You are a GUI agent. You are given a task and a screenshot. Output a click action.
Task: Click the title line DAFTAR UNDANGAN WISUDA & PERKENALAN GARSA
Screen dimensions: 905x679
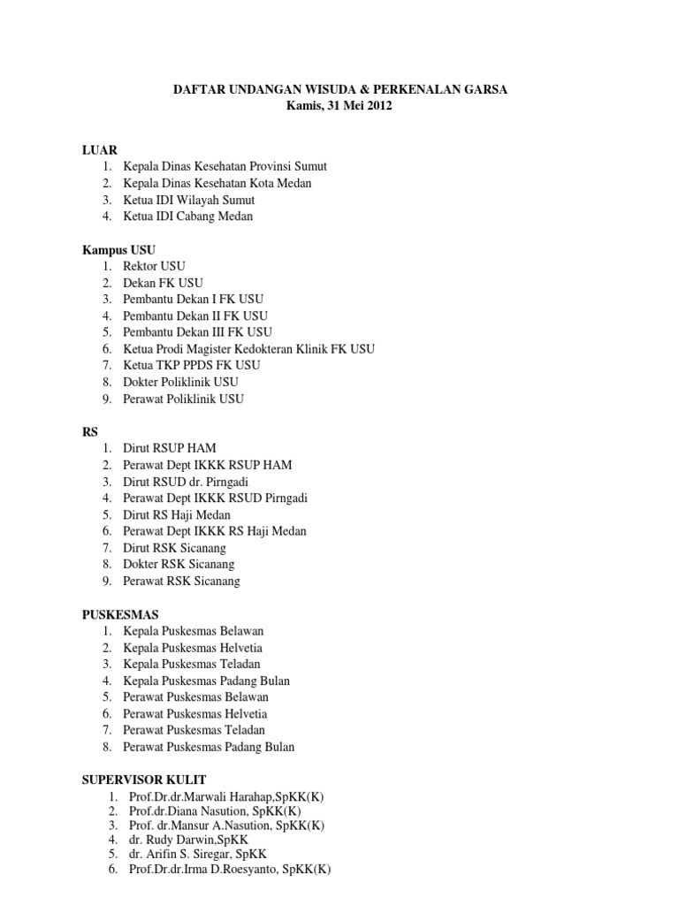coord(339,90)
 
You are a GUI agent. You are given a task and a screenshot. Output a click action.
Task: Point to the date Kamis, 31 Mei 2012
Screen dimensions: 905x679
coord(339,107)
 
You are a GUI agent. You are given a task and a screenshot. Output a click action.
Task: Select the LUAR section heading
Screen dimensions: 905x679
coord(100,149)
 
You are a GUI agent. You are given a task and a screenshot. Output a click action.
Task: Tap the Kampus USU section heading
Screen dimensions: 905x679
coord(118,250)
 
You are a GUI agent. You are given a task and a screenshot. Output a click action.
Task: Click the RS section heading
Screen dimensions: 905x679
coord(89,431)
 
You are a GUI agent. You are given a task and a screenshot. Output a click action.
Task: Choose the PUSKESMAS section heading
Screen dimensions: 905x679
coord(120,614)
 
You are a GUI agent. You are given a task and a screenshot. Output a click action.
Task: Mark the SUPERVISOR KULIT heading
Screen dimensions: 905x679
coord(144,780)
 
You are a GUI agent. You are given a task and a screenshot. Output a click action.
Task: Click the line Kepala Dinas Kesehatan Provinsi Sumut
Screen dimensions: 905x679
coord(225,166)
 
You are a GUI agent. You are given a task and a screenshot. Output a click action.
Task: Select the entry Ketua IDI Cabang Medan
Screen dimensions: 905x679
coord(188,217)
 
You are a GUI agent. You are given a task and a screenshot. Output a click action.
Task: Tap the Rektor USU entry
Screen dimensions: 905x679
coord(155,266)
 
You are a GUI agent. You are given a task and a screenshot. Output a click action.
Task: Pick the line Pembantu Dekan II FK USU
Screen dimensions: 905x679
coord(195,316)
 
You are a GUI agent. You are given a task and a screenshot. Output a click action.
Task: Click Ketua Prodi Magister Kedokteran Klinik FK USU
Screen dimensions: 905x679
coord(248,349)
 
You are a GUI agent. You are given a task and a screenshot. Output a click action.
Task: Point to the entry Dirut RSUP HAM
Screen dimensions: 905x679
coord(171,448)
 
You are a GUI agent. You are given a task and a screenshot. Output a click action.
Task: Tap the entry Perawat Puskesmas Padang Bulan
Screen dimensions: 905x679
coord(209,747)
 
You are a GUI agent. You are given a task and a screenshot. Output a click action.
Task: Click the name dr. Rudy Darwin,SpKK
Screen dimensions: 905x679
coord(188,839)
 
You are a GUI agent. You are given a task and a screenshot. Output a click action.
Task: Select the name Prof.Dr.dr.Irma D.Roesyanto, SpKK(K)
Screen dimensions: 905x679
coord(229,870)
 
